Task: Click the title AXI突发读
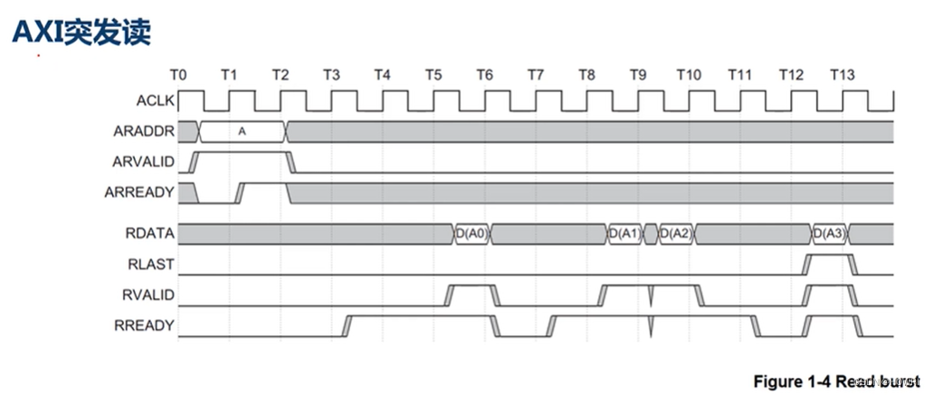pyautogui.click(x=81, y=32)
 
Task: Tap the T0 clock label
pyautogui.click(x=178, y=75)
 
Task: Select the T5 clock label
pyautogui.click(x=433, y=75)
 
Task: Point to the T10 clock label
pyautogui.click(x=689, y=75)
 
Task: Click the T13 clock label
pyautogui.click(x=842, y=75)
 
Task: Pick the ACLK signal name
pyautogui.click(x=156, y=101)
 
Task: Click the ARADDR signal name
pyautogui.click(x=144, y=131)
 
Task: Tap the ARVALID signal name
pyautogui.click(x=143, y=162)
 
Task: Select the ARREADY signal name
pyautogui.click(x=140, y=193)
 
